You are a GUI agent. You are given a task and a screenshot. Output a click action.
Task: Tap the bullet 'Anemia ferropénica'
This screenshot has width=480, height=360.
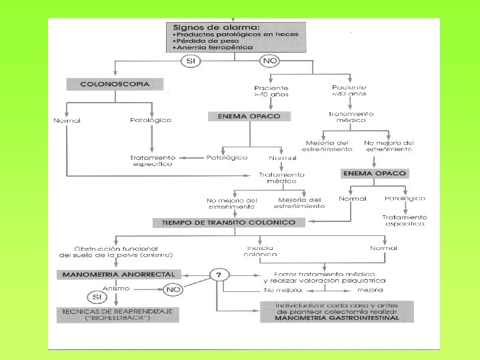(x=207, y=48)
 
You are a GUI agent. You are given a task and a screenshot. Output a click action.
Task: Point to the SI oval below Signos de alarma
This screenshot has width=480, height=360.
(x=190, y=61)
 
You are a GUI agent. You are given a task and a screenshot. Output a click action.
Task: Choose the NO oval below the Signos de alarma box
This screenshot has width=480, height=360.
(x=270, y=61)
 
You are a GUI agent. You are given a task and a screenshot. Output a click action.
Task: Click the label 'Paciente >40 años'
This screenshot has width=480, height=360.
(x=271, y=91)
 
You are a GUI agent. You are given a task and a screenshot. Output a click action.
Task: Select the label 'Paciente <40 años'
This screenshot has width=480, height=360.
(x=349, y=91)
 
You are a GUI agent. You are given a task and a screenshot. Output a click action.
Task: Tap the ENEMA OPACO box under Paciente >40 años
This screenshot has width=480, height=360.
(x=250, y=116)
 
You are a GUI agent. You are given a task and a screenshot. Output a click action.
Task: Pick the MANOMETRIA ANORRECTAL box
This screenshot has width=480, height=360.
(x=119, y=274)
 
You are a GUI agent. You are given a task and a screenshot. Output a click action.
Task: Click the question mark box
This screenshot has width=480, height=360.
(x=218, y=274)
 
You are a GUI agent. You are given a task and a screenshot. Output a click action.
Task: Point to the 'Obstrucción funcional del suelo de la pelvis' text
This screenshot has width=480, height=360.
(x=117, y=251)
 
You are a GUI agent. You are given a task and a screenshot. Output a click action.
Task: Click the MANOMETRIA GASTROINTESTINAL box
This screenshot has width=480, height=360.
(x=331, y=311)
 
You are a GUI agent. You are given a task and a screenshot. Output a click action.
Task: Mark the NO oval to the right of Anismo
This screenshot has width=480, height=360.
(x=173, y=289)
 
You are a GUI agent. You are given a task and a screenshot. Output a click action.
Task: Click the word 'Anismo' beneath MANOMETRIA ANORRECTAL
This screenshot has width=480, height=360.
(x=116, y=289)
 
